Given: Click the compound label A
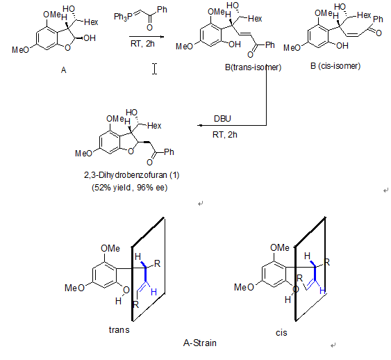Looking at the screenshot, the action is pyautogui.click(x=64, y=70).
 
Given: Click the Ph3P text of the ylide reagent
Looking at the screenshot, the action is pyautogui.click(x=123, y=17).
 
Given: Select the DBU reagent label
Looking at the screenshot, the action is pyautogui.click(x=222, y=119).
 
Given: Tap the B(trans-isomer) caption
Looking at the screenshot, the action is pyautogui.click(x=253, y=67).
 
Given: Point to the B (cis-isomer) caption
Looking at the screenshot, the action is pyautogui.click(x=335, y=66).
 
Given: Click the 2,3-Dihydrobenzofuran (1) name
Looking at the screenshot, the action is pyautogui.click(x=132, y=175).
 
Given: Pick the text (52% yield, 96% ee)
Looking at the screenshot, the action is pyautogui.click(x=129, y=188).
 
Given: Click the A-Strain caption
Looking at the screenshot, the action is pyautogui.click(x=200, y=343).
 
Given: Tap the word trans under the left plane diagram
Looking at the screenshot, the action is pyautogui.click(x=119, y=330).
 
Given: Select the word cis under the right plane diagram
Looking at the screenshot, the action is pyautogui.click(x=281, y=333).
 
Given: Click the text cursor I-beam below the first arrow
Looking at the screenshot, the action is pyautogui.click(x=155, y=69).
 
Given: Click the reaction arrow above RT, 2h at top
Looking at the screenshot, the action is pyautogui.click(x=147, y=37).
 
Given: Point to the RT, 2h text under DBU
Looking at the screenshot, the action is pyautogui.click(x=225, y=135).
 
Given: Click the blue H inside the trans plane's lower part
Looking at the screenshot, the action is pyautogui.click(x=153, y=292).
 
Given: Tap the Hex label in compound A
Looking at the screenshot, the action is pyautogui.click(x=91, y=22).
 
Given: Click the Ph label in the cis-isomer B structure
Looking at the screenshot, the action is pyautogui.click(x=378, y=19).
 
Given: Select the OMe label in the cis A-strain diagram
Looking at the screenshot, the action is pyautogui.click(x=280, y=247).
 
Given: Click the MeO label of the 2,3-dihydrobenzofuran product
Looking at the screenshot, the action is pyautogui.click(x=83, y=153).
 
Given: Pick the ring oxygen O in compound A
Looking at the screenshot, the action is pyautogui.click(x=67, y=47).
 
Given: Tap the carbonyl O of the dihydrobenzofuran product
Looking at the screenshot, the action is pyautogui.click(x=149, y=163).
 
